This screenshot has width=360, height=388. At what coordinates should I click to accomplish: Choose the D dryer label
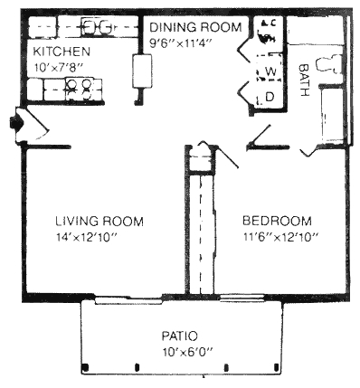270,97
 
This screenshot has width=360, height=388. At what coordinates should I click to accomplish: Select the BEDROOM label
279,221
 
